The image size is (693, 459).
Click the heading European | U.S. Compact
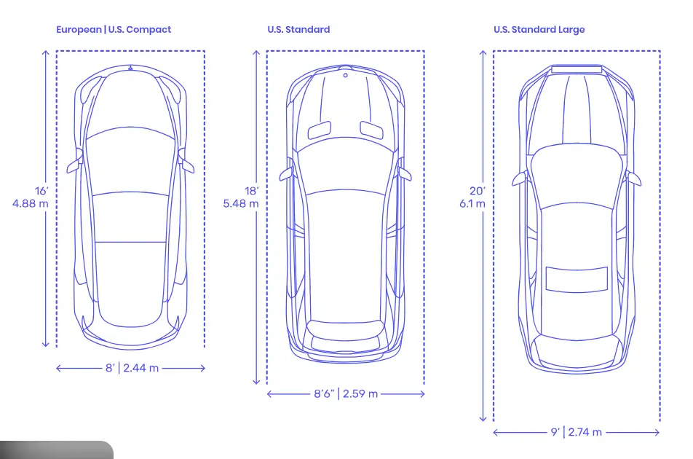[x=114, y=30]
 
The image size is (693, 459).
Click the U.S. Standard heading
[x=298, y=30]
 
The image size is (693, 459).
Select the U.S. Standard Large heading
[x=539, y=30]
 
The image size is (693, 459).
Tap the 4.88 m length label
[x=31, y=203]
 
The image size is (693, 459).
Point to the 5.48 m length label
[x=241, y=203]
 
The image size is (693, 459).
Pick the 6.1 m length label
[x=472, y=203]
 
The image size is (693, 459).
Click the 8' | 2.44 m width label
[x=131, y=368]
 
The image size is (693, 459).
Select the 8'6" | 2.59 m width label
[x=346, y=394]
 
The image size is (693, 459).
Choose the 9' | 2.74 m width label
[x=576, y=432]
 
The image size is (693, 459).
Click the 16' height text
[x=41, y=191]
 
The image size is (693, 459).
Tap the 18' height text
[x=251, y=191]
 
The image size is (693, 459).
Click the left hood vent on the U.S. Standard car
[x=320, y=130]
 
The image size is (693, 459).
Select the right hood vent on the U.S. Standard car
[x=371, y=130]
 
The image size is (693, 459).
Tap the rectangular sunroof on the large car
[x=577, y=280]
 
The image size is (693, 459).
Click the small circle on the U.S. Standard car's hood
[x=346, y=75]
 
